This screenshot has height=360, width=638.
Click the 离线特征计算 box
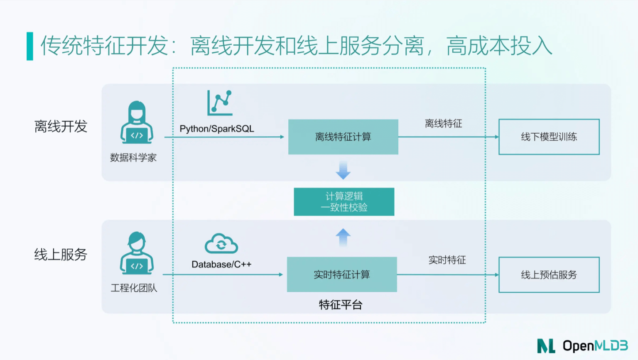click(343, 137)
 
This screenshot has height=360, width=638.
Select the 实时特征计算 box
click(342, 274)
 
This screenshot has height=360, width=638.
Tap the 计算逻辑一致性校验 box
click(344, 202)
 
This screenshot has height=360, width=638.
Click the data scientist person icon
click(137, 122)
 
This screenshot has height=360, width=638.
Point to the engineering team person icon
click(137, 253)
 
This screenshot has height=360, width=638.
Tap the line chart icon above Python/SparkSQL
click(220, 103)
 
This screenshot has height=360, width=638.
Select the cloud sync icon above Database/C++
click(221, 243)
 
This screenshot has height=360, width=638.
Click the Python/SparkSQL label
click(217, 129)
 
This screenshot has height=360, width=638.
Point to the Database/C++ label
click(221, 264)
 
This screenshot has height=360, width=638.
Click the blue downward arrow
click(343, 170)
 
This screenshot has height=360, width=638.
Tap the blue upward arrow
click(343, 237)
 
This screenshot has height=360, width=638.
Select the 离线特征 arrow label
click(444, 124)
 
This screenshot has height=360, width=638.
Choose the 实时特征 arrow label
click(447, 260)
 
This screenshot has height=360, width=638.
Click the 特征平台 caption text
click(341, 305)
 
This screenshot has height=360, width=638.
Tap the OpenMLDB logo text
click(595, 346)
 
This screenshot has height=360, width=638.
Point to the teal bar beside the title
click(30, 46)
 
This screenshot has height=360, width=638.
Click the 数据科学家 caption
click(133, 157)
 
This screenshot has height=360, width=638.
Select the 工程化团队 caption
click(134, 288)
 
